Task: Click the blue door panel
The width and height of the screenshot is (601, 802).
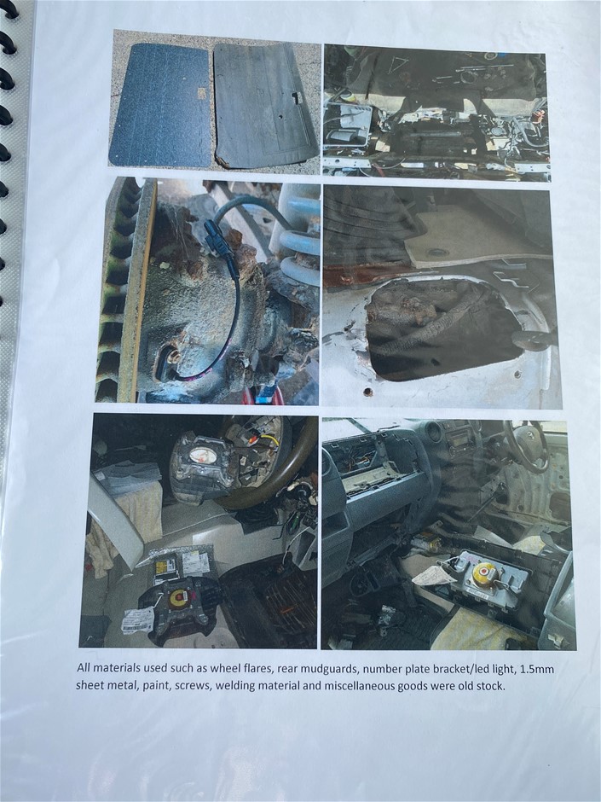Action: (x=160, y=105)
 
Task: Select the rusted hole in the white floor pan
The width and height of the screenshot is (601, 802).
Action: (x=440, y=328)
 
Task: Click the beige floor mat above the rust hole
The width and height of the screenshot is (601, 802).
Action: (x=476, y=236)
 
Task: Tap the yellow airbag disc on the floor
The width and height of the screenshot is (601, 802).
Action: (x=178, y=597)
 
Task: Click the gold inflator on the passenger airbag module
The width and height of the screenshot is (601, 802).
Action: (x=485, y=574)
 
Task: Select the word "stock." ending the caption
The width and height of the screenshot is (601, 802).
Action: (x=490, y=685)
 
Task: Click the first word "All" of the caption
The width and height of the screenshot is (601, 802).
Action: (x=83, y=667)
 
